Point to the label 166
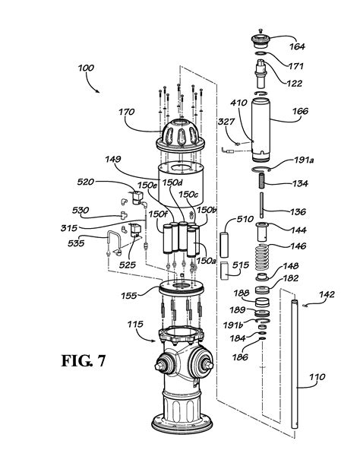[x=300, y=112]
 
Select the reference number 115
[x=137, y=325]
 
